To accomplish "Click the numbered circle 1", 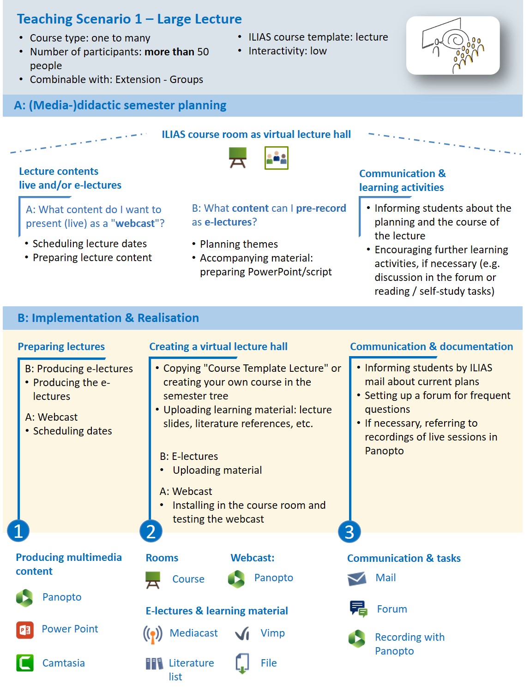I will pyautogui.click(x=18, y=531).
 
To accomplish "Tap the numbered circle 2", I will pyautogui.click(x=151, y=531).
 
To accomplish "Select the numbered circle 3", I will pyautogui.click(x=349, y=531).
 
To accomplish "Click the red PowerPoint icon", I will pyautogui.click(x=25, y=630).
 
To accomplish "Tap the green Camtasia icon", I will pyautogui.click(x=25, y=663).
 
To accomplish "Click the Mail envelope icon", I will pyautogui.click(x=357, y=578).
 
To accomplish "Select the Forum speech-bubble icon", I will pyautogui.click(x=358, y=609).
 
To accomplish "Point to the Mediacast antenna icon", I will pyautogui.click(x=153, y=634).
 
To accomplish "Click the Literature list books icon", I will pyautogui.click(x=154, y=664).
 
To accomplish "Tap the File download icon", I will pyautogui.click(x=242, y=663).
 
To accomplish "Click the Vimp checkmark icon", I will pyautogui.click(x=242, y=634).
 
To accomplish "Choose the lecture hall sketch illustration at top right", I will pyautogui.click(x=452, y=45).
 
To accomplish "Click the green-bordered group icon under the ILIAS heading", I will pyautogui.click(x=276, y=158).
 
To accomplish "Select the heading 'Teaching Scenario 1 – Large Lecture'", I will pyautogui.click(x=129, y=19).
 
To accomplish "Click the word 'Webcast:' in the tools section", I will pyautogui.click(x=253, y=558).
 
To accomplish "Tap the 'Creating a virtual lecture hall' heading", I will pyautogui.click(x=218, y=346).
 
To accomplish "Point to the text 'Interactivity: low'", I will pyautogui.click(x=287, y=51).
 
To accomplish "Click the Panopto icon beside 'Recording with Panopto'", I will pyautogui.click(x=357, y=638).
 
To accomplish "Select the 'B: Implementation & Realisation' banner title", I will pyautogui.click(x=108, y=318).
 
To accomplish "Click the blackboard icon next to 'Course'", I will pyautogui.click(x=153, y=579).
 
